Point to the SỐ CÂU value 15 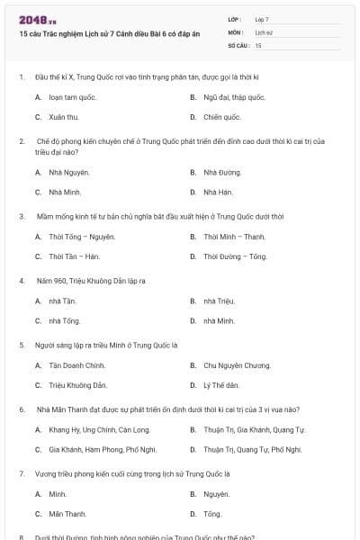(258, 44)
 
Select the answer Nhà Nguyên (69, 172)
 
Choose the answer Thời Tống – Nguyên (82, 237)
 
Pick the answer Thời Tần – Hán (74, 256)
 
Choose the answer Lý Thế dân (221, 385)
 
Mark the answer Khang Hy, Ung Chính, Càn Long (99, 429)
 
